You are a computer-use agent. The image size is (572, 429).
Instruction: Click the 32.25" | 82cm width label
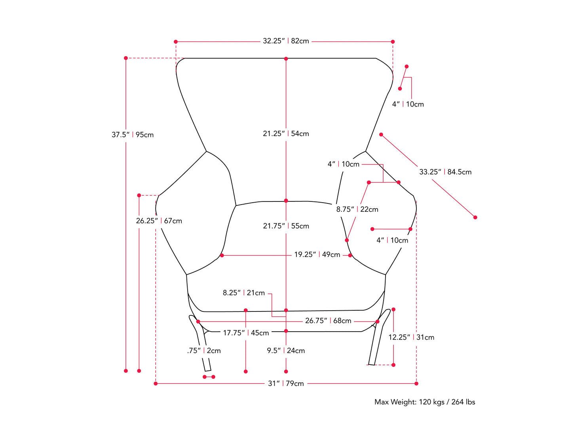coord(286,41)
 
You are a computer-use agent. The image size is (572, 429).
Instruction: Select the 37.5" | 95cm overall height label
coord(133,135)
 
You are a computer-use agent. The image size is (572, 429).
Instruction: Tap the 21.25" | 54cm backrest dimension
coord(286,134)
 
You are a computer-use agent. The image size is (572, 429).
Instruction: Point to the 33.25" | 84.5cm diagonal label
coord(445,172)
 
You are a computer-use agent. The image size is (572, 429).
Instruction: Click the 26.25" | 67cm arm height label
coord(159,221)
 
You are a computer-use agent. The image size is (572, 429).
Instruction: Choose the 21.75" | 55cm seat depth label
coord(286,226)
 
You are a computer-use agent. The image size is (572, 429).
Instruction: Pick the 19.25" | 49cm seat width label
coord(317,254)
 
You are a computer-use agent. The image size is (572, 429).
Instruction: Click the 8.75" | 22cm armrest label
coord(357,209)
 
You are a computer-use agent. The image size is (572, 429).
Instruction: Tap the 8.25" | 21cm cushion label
coord(244,293)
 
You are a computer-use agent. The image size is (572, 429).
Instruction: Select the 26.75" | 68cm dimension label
coord(328,321)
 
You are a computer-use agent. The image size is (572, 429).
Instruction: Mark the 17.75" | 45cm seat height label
coord(246,333)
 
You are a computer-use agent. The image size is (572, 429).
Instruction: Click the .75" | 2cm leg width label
coord(204,351)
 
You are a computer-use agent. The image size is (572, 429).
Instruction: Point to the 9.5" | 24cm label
coord(286,351)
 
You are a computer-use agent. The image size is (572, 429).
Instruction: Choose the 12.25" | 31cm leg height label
coord(411,337)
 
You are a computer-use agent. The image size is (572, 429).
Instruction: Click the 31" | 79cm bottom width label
coord(286,383)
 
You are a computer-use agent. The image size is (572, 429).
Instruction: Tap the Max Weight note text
coord(425,402)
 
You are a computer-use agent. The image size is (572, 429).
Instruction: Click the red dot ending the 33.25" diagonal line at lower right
coord(475,217)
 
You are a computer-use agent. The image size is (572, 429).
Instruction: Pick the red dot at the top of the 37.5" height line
coord(126,58)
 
